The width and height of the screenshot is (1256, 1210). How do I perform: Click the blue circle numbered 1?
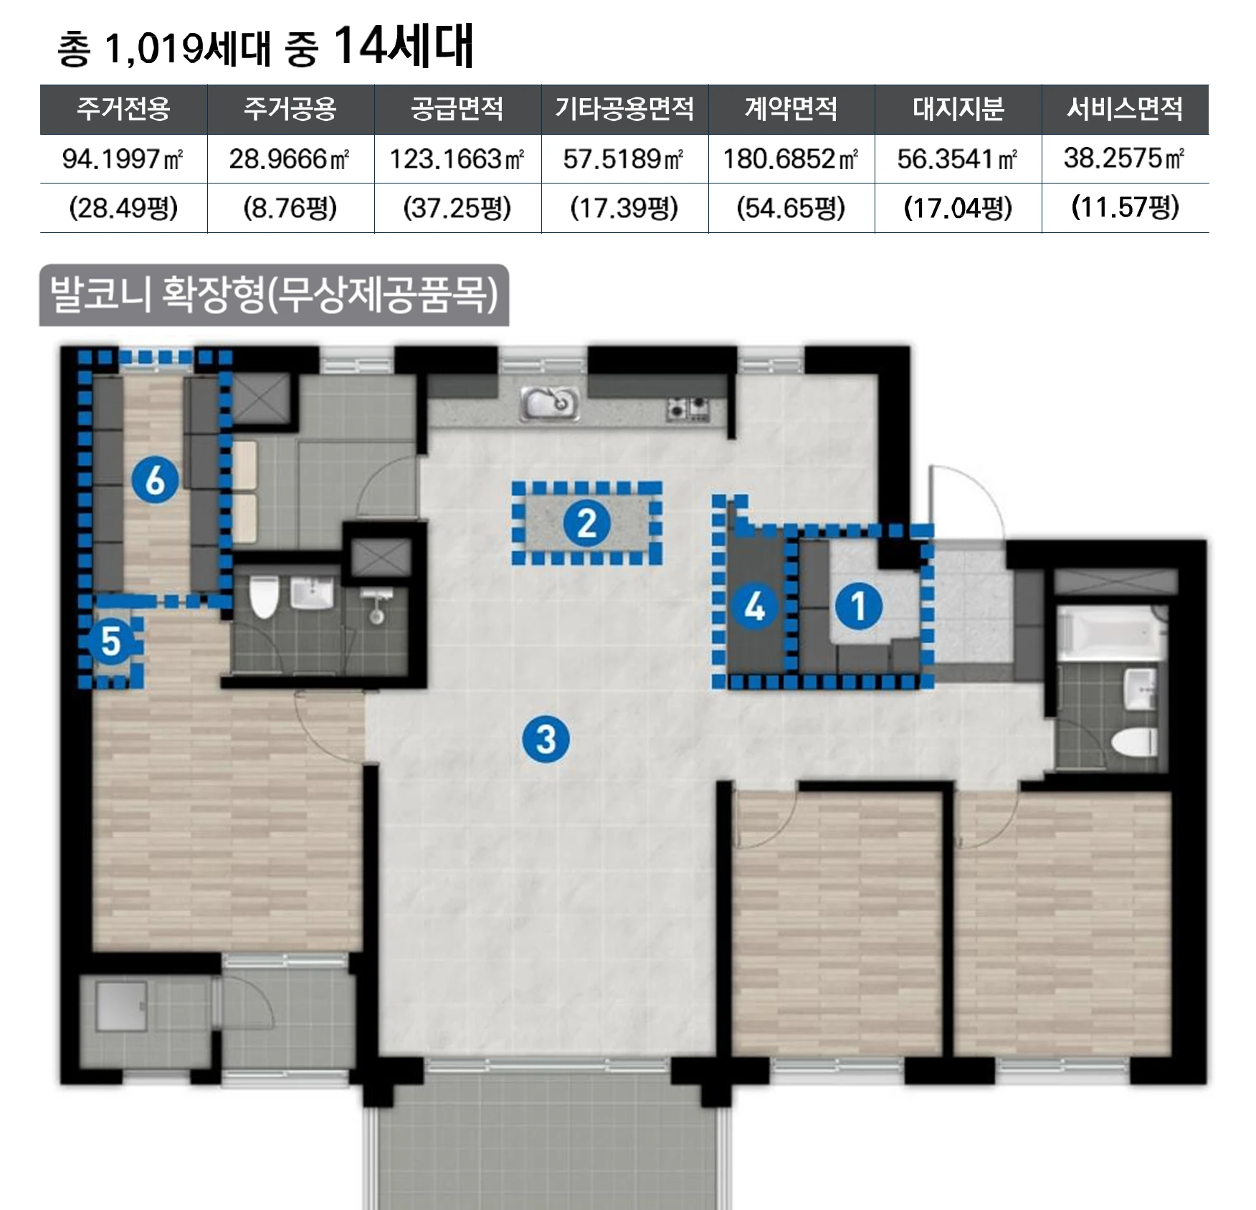coord(858,606)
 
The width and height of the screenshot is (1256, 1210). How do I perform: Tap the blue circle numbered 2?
coord(586,523)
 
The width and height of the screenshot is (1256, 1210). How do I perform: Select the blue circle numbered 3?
coord(546,739)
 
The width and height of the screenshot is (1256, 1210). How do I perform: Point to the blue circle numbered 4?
coord(754,606)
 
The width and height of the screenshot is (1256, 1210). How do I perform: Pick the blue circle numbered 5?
coord(110,640)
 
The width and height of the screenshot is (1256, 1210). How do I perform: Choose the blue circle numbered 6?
coord(155,480)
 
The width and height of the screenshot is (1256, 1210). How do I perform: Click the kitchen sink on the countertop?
coord(550,404)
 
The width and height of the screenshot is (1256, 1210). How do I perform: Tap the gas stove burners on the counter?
coord(688,408)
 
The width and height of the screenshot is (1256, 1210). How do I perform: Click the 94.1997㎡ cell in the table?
coord(123,158)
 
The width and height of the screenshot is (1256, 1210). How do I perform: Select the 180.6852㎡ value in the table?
coord(790,158)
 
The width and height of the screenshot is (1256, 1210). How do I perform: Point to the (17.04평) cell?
coord(957,208)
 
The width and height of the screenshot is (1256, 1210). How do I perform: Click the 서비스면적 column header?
coord(1124,109)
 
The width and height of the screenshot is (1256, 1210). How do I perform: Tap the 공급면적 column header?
coord(457,109)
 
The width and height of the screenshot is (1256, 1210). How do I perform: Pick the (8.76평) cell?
coord(290,208)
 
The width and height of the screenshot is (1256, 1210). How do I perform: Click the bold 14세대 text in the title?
coord(403,47)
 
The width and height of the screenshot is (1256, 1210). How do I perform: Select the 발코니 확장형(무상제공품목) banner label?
coord(274,295)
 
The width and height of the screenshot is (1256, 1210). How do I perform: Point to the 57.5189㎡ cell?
coord(623,158)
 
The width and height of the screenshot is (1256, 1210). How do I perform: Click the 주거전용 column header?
coord(123,109)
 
